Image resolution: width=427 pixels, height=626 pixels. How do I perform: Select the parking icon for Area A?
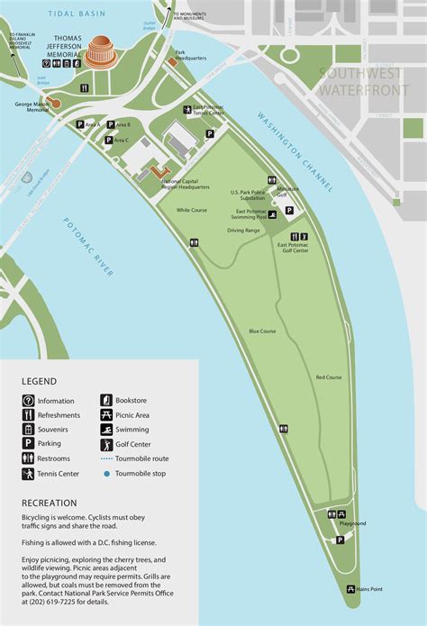(80, 124)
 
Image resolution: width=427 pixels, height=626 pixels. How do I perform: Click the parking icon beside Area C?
(107, 141)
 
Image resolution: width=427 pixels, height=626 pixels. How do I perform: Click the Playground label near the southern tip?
(352, 523)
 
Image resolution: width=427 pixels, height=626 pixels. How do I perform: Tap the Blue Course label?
(261, 331)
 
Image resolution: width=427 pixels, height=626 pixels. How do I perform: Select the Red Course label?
(329, 377)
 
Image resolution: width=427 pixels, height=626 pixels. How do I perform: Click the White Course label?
(191, 210)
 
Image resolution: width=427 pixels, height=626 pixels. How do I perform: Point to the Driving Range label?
(243, 231)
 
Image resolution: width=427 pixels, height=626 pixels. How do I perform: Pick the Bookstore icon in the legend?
(106, 400)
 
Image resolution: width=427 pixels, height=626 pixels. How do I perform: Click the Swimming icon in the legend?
(106, 430)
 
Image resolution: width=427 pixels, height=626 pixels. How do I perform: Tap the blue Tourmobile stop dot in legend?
(106, 473)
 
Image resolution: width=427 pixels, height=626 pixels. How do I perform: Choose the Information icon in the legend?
(28, 400)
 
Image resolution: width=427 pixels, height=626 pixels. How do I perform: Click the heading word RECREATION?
(50, 503)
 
